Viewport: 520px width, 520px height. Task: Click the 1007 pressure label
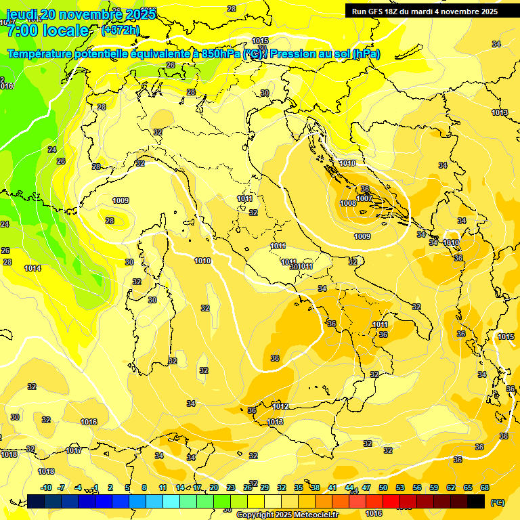[x=364, y=198]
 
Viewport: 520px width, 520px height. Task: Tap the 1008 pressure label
[x=348, y=203]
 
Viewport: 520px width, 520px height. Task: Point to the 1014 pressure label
[x=32, y=268]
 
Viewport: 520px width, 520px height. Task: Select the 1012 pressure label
[x=280, y=406]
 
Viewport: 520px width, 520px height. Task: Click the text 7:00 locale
[x=47, y=30]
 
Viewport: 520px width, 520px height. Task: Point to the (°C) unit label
[x=497, y=502]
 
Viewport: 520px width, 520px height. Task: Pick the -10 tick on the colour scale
[x=46, y=487]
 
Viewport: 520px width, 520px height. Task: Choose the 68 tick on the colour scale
[x=485, y=487]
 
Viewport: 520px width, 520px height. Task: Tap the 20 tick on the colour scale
[x=214, y=487]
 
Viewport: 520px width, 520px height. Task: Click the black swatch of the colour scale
[x=476, y=501]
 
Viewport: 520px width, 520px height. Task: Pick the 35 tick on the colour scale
[x=299, y=487]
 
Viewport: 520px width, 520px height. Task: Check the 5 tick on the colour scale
[x=127, y=487]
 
